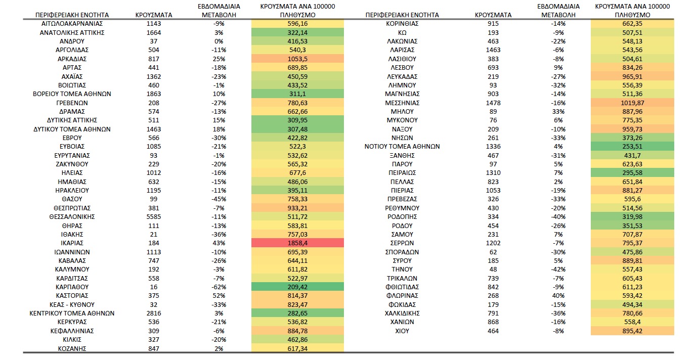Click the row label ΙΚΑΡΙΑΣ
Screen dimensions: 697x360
(72, 243)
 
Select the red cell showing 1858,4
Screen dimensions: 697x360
(297, 243)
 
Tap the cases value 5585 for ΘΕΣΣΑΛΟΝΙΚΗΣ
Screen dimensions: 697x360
(154, 216)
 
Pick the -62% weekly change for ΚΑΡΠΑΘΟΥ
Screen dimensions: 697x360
(219, 287)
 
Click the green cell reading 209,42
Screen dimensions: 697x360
(297, 287)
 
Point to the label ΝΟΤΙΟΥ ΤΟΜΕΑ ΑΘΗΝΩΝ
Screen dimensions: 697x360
(402, 147)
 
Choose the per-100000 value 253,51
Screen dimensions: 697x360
(632, 147)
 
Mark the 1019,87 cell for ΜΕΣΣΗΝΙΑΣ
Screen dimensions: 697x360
(632, 103)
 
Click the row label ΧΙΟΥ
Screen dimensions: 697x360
(402, 331)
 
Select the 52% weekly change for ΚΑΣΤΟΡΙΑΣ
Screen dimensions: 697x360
(219, 296)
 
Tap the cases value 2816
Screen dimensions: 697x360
(154, 313)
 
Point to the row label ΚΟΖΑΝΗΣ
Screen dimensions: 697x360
(72, 348)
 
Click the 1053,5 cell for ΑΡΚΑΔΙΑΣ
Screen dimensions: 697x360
(297, 59)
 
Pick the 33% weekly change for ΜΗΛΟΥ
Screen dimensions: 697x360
(558, 111)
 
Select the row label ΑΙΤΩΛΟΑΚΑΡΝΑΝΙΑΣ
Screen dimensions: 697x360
(72, 24)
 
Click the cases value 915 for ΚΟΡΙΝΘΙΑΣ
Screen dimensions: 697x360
(493, 24)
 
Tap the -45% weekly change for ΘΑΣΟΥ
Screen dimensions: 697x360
(219, 199)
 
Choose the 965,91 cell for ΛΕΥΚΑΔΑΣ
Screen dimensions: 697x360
(632, 76)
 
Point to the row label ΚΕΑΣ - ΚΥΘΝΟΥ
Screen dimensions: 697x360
(72, 304)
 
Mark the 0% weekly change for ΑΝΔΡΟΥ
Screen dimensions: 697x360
(219, 41)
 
